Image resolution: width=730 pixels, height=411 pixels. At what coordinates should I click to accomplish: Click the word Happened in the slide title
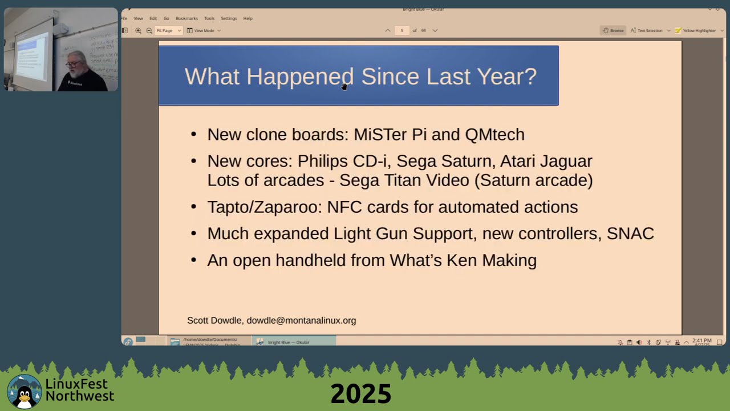(x=299, y=76)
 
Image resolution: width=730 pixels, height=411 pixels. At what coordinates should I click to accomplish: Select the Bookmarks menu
(x=186, y=18)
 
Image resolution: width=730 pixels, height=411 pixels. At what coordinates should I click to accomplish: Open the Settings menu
(x=229, y=18)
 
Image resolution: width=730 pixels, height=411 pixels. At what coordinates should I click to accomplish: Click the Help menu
(x=248, y=18)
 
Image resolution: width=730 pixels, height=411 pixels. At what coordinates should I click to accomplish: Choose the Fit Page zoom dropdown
(x=168, y=30)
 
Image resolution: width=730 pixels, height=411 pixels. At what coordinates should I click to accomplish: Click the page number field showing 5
(x=402, y=30)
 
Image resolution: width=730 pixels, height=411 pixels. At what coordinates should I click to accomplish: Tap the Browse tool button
(x=614, y=30)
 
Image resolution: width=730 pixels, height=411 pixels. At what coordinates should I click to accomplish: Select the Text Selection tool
(x=647, y=30)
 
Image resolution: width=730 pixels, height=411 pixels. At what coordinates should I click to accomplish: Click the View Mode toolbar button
(x=204, y=30)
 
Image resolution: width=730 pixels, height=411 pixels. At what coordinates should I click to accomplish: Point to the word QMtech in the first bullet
(x=494, y=135)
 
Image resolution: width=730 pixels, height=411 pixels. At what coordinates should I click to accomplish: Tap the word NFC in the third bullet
(x=344, y=207)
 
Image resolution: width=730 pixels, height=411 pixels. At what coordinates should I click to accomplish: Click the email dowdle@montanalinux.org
(x=301, y=321)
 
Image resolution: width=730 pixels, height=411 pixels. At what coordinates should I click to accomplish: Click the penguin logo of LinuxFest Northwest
(x=24, y=392)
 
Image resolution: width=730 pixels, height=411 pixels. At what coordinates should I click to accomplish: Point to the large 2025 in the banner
(x=360, y=394)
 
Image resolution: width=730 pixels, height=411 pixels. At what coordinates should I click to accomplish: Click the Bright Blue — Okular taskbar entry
(x=288, y=342)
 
